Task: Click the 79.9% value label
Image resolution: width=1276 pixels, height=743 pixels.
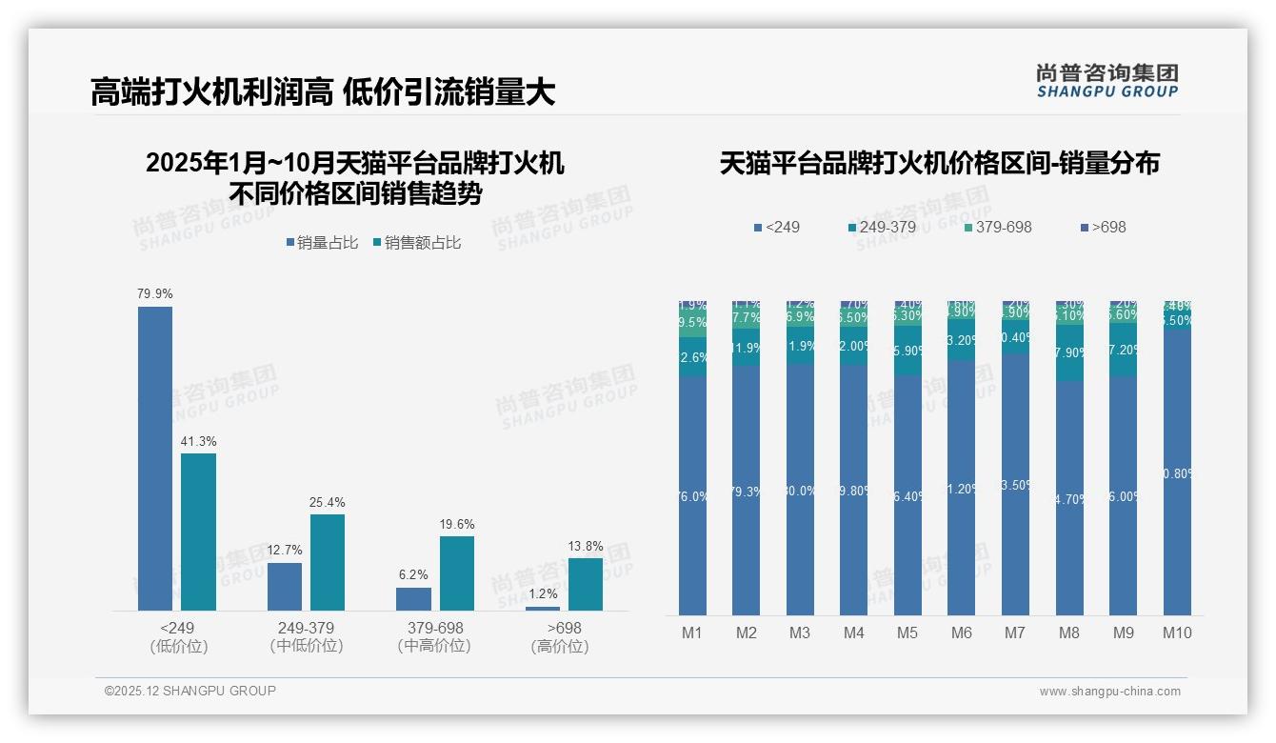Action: (x=155, y=294)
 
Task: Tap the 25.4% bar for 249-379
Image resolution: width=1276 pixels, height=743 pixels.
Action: (x=328, y=562)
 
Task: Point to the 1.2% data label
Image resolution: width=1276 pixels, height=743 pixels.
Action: (x=543, y=594)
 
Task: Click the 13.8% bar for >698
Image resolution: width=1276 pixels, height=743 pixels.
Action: (x=586, y=584)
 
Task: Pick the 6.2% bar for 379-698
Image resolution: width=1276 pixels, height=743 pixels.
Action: (x=413, y=599)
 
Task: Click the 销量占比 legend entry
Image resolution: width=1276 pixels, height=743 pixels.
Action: (x=322, y=243)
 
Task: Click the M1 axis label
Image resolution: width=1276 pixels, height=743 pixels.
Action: (x=692, y=633)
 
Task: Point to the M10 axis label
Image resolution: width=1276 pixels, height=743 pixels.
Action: (x=1177, y=633)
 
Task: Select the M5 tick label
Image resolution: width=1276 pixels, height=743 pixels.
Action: (x=907, y=633)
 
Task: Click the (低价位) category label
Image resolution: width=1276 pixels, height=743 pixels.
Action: (x=178, y=646)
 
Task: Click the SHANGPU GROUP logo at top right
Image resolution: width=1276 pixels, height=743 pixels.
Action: (x=1107, y=81)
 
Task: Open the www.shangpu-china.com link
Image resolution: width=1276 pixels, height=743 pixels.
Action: (x=1109, y=692)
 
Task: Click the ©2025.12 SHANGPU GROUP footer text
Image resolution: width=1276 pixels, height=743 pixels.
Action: (x=190, y=691)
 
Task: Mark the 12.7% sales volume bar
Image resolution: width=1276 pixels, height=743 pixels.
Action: (x=285, y=587)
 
